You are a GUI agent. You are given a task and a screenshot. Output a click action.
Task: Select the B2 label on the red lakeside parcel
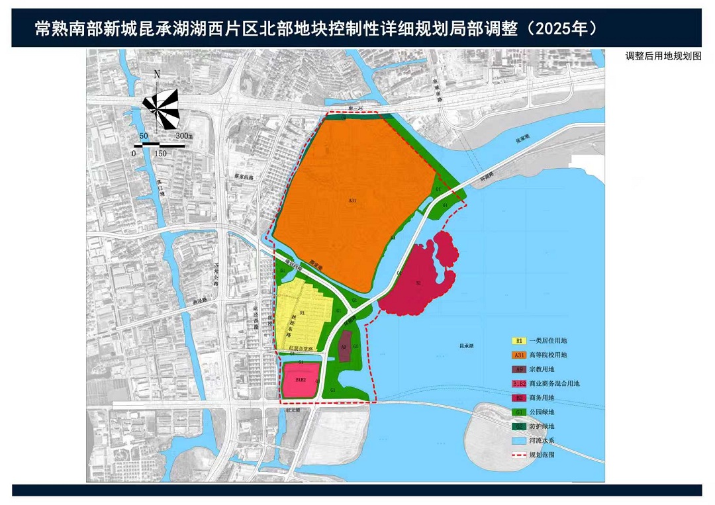pos(418,283)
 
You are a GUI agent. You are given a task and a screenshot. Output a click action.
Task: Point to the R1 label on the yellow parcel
pos(302,312)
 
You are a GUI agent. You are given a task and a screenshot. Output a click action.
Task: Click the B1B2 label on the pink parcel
pos(301,381)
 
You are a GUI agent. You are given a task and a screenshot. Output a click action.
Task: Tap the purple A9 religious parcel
pos(344,347)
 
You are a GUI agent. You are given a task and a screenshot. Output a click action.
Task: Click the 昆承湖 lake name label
pos(467,345)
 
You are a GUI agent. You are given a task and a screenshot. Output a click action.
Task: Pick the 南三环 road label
pos(358,108)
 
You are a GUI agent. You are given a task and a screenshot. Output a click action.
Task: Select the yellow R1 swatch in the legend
pos(519,341)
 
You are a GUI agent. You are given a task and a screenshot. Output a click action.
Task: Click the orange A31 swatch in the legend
pos(519,355)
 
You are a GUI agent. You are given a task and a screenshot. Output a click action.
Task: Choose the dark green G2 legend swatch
pos(519,427)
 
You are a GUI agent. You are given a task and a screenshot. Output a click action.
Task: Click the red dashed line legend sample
pos(519,455)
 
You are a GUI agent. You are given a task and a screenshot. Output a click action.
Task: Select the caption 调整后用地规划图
pos(663,56)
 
